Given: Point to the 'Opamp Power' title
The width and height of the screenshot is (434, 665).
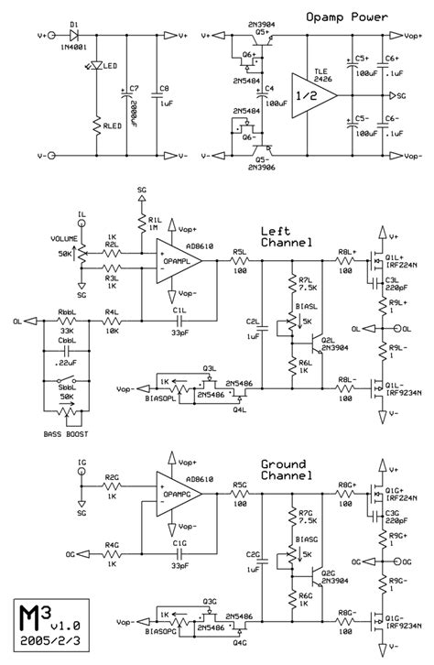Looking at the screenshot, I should coord(350,17).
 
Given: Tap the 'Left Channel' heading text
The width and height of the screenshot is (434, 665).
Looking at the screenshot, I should coord(285,237).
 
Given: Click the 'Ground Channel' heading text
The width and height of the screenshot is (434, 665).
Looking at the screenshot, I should coord(285,470).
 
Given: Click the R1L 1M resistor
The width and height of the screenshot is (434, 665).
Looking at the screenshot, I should coord(140,224).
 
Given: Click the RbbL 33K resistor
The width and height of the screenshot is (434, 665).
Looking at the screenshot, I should coord(68,322).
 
